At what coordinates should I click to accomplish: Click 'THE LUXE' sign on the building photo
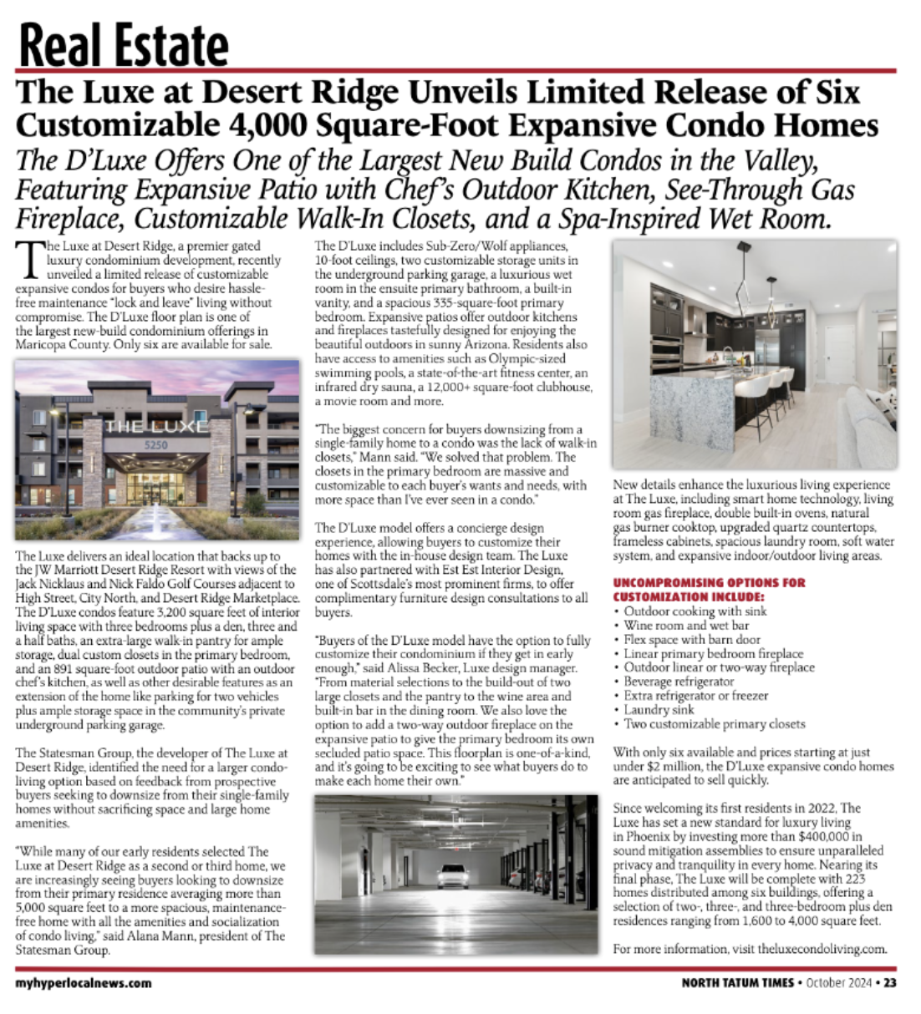coord(156,426)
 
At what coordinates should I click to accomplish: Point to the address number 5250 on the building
coord(156,445)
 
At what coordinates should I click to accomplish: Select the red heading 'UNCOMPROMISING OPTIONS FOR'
coord(710,582)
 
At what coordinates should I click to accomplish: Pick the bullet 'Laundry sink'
coord(659,710)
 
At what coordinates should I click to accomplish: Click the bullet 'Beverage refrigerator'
coord(679,682)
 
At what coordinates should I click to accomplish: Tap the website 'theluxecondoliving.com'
coord(821,949)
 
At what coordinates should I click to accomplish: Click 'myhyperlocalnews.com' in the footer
coord(84,983)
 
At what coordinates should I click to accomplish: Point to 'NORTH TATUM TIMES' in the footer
coord(737,983)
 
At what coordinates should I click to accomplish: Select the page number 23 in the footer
coord(889,983)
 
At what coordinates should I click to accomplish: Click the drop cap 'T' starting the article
coord(30,259)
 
